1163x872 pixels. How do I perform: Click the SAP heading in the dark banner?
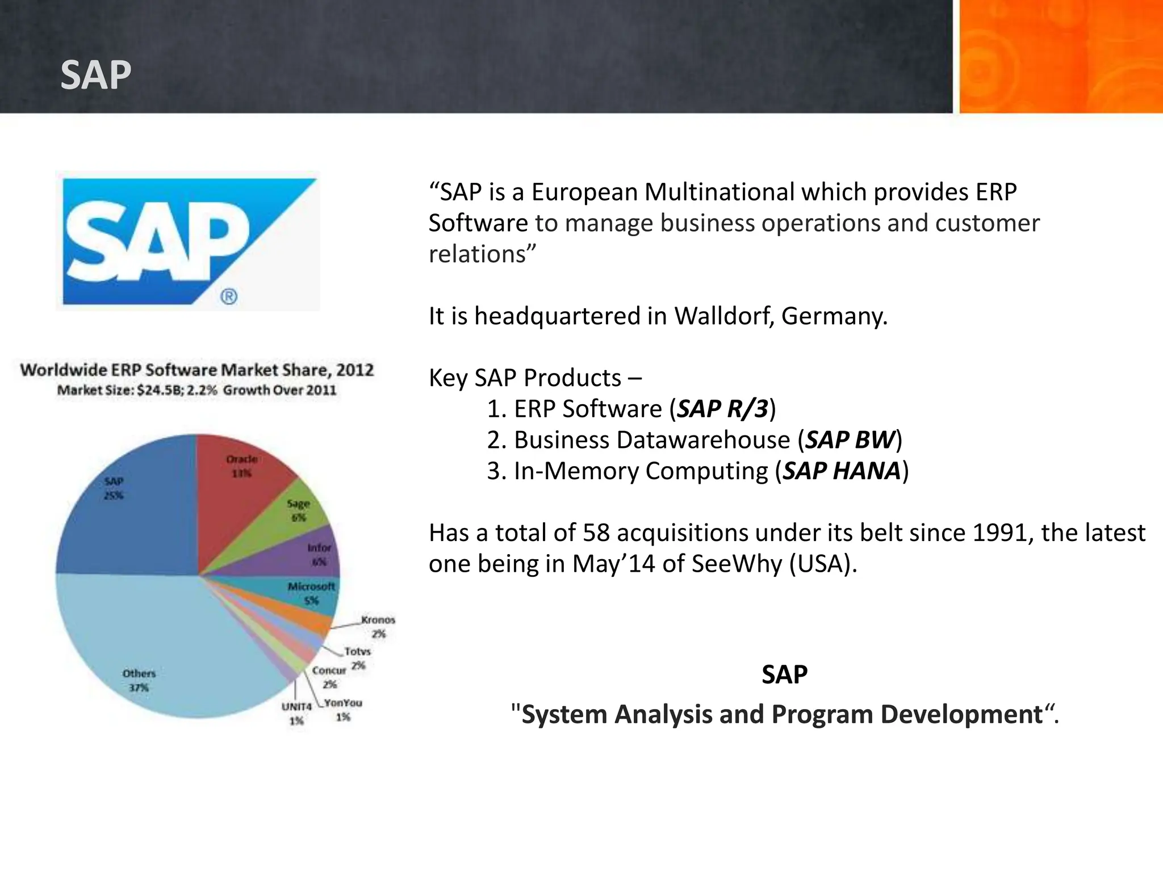95,75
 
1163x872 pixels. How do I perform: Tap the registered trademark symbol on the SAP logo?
229,296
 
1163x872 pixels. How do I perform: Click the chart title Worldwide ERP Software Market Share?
196,370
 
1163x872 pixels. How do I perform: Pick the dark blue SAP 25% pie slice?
131,511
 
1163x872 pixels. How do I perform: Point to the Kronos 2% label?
378,626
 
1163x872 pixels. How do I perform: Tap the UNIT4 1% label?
296,714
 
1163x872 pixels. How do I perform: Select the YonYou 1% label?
343,710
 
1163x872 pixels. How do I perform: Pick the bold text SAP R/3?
722,409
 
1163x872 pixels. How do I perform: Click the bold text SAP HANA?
842,471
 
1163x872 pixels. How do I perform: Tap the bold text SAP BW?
850,440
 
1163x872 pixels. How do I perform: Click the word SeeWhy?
737,564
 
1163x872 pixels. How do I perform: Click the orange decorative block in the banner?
1061,57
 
